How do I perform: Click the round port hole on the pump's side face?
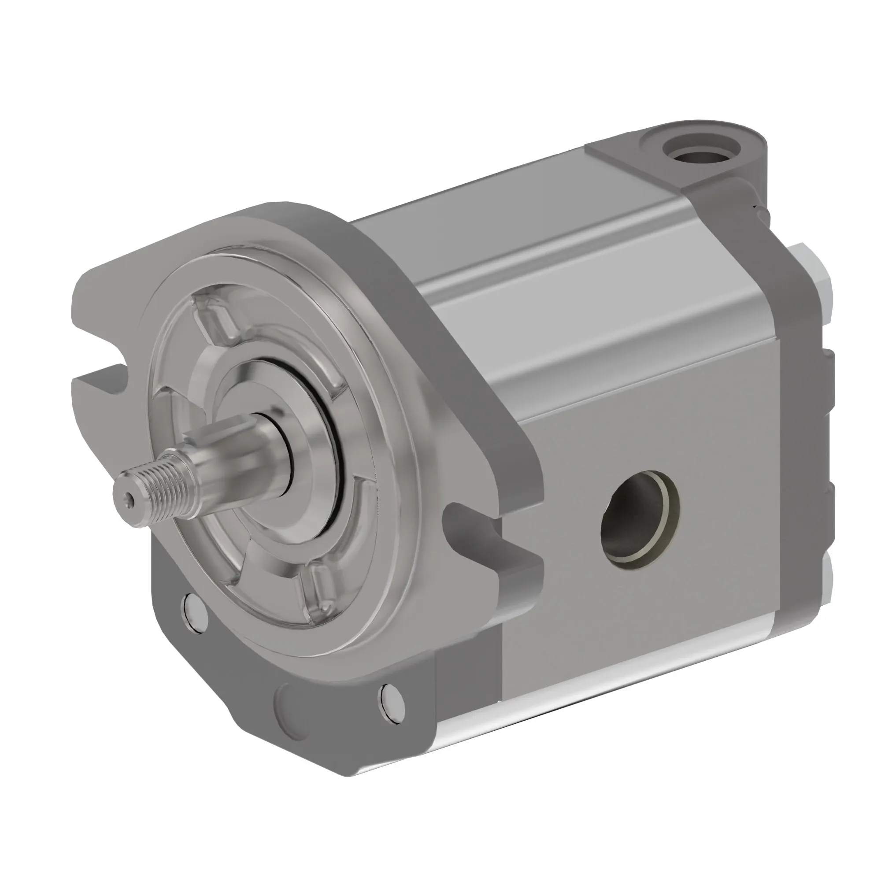[x=639, y=520]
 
